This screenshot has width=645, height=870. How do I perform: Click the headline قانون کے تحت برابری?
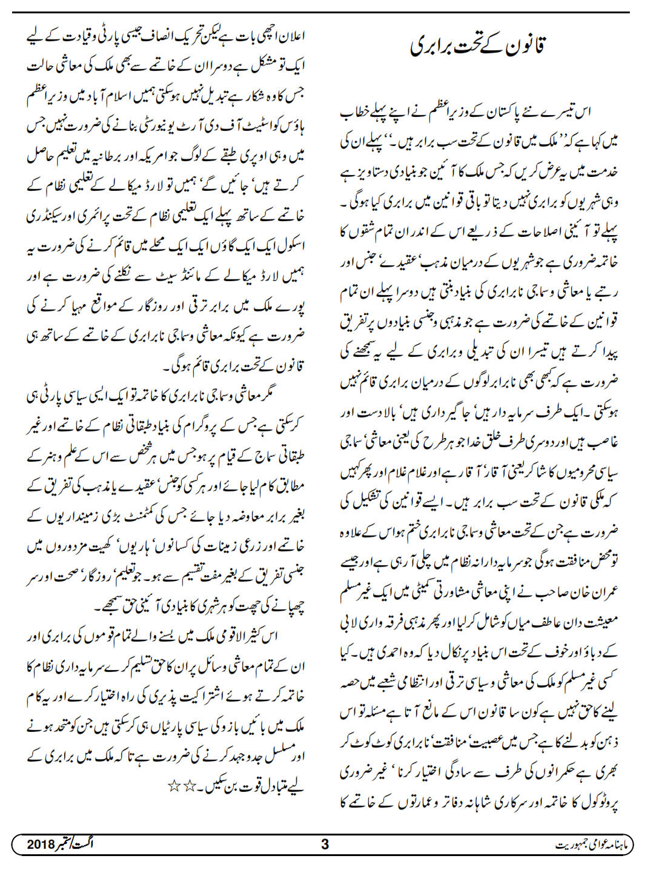click(x=478, y=46)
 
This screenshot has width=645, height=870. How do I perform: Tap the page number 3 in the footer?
click(x=325, y=844)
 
